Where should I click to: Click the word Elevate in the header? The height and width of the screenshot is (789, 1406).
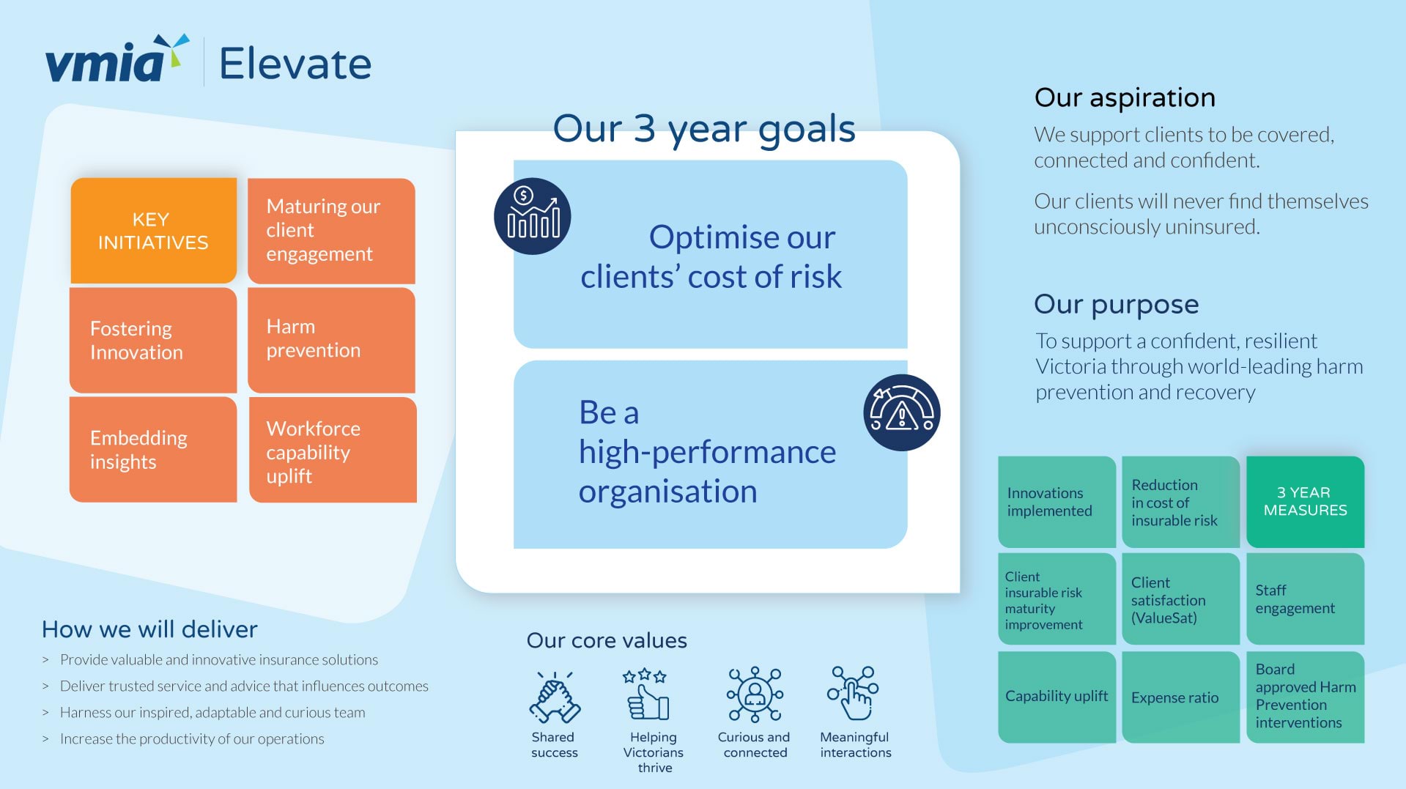[x=295, y=64]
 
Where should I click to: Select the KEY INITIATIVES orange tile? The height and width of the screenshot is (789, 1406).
[x=153, y=230]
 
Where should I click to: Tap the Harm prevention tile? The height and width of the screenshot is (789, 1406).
[x=331, y=339]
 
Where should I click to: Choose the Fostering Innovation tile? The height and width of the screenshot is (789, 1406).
[x=153, y=340]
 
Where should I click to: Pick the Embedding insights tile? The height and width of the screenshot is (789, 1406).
[x=153, y=449]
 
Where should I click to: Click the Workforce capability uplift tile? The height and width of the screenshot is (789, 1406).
[x=333, y=450]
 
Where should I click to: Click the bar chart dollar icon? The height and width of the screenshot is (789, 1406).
[x=533, y=216]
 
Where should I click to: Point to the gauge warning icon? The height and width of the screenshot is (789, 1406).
[x=902, y=412]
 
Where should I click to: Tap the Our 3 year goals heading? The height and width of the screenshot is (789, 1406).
[x=704, y=130]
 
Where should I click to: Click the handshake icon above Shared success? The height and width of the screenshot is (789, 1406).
[x=555, y=697]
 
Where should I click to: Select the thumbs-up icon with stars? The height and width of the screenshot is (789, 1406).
[x=648, y=694]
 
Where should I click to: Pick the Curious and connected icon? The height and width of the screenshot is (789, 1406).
[x=755, y=694]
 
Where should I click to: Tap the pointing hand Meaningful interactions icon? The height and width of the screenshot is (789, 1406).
[x=853, y=693]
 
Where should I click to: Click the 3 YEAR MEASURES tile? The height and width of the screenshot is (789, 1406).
[x=1305, y=502]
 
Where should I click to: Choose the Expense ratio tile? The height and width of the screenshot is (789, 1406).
[x=1180, y=697]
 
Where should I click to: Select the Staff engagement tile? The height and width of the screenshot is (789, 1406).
[x=1305, y=599]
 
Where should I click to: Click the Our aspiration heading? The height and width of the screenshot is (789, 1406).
[x=1125, y=97]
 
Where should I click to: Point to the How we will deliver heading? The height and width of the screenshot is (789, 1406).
[x=149, y=629]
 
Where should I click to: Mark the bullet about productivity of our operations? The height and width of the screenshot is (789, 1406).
[x=192, y=738]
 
